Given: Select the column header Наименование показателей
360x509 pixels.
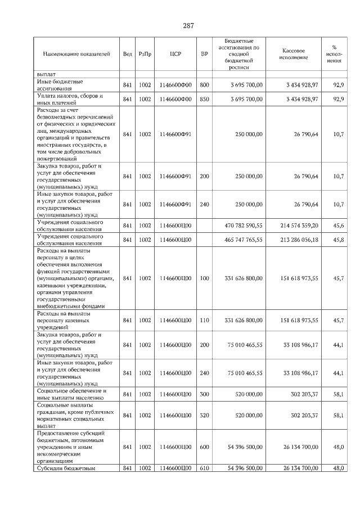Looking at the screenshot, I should (76, 55).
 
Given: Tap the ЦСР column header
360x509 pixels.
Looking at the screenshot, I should (174, 55).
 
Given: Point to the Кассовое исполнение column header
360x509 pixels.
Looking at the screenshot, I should (292, 54).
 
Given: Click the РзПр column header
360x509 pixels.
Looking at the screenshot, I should (145, 55).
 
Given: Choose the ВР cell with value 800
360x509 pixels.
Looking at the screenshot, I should (204, 85).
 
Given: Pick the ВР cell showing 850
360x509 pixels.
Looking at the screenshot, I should (204, 99).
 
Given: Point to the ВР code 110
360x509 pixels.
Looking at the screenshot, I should (204, 320).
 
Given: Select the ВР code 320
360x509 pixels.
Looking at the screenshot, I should (204, 415).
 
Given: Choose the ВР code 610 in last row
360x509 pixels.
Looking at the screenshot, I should (204, 468).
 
